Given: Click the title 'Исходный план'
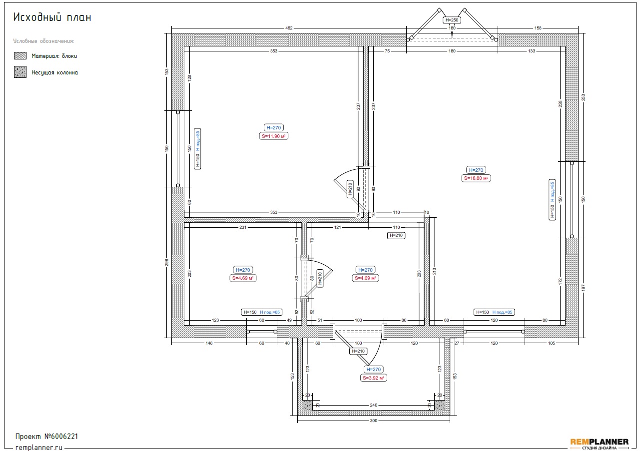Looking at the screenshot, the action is pos(52,17).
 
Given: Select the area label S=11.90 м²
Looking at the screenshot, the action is pos(273,136).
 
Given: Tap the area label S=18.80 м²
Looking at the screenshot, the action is pos(476,178).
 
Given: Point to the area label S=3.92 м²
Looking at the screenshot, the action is pos(373,378).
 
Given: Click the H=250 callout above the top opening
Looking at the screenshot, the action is pos(452,20).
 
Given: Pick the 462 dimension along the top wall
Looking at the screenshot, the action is pos(289,28).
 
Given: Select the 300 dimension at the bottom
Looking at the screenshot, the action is pos(373,421).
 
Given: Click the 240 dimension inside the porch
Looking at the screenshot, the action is pos(373,405).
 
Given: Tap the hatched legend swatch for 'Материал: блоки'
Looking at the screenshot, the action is pos(20,55).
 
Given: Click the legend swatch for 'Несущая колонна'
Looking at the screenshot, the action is pos(20,72).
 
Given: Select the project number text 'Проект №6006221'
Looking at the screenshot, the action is pos(46,437).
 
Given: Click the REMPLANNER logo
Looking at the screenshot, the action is pos(600,444).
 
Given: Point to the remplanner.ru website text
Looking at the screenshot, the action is pos(38,448).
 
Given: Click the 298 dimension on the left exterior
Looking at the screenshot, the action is pos(166,262).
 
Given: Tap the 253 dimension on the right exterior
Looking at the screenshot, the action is pos(583,97).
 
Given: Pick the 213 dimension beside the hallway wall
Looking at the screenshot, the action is pos(434,271).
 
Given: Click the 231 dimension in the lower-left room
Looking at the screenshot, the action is pos(243,227).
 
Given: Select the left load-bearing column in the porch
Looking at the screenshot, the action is pos(307,406).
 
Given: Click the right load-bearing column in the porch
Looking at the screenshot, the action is pos(440,406).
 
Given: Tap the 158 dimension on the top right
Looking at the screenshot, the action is pos(538,28).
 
